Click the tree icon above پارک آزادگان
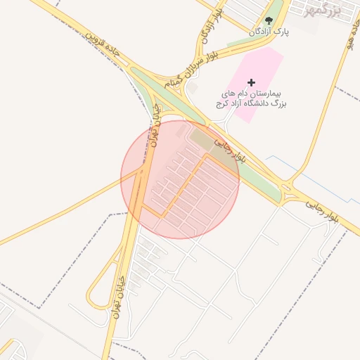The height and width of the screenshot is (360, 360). (x=269, y=20)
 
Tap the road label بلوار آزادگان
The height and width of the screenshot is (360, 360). (x=212, y=26)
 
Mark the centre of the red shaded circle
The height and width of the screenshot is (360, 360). (x=180, y=179)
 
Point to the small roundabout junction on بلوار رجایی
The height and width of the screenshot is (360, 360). (x=287, y=188)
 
